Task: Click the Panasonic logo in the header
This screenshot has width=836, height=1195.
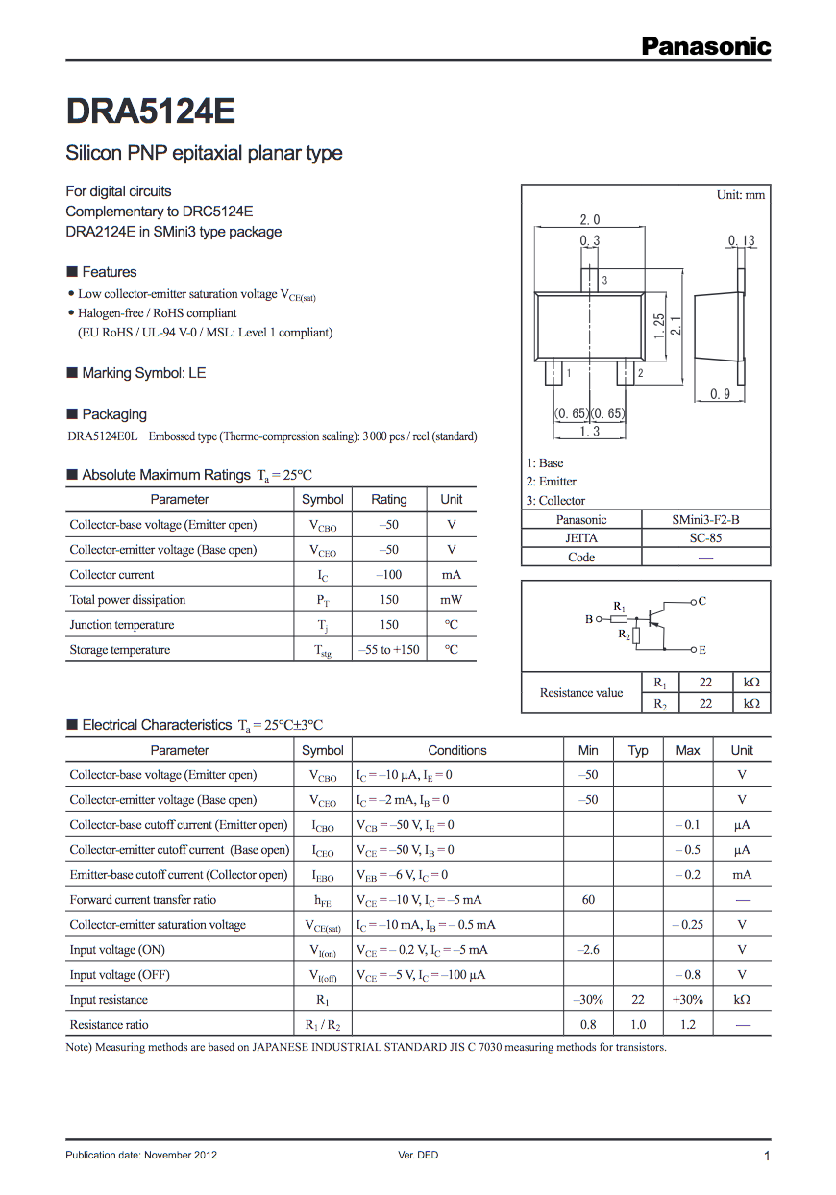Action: (705, 45)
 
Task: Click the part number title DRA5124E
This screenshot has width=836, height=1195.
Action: (150, 112)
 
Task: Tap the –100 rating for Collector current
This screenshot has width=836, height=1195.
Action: (388, 575)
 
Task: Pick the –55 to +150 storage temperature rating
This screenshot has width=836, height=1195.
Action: (388, 650)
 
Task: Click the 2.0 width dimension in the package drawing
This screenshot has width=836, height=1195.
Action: (590, 220)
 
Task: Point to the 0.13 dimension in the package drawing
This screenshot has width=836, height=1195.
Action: (741, 240)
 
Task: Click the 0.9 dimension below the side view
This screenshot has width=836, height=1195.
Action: (721, 394)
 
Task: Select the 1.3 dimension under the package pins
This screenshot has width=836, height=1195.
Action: (589, 432)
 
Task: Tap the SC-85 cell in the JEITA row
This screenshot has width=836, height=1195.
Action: (705, 538)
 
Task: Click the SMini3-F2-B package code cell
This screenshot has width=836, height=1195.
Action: (705, 519)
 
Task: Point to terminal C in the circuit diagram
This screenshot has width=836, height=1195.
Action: (702, 601)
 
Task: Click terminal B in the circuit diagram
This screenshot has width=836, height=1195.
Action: (589, 620)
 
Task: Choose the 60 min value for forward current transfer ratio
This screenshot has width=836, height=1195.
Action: (588, 900)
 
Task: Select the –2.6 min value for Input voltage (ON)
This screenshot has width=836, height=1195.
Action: (588, 950)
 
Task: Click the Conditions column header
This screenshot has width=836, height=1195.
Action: (457, 750)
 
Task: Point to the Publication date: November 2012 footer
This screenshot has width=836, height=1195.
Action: (141, 1155)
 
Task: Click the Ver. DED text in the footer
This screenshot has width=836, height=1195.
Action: (418, 1155)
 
